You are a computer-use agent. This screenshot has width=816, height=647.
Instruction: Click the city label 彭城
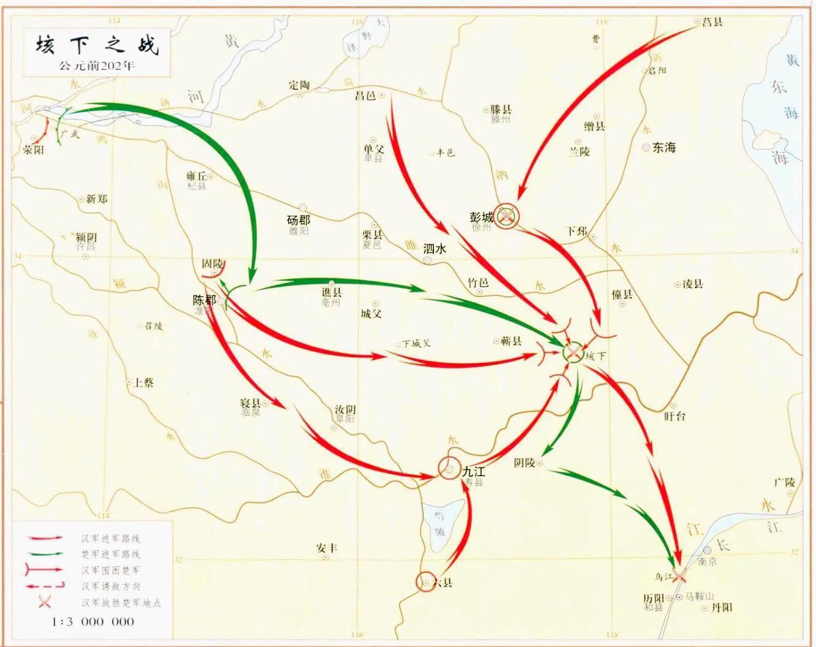click(481, 217)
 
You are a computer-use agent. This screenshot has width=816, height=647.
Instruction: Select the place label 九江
click(474, 472)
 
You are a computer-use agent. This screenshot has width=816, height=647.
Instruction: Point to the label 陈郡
click(204, 300)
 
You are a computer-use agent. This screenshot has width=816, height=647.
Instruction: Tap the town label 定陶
click(300, 85)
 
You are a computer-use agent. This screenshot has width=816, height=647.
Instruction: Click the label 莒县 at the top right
click(712, 22)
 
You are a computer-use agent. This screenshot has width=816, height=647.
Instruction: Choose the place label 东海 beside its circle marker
click(664, 148)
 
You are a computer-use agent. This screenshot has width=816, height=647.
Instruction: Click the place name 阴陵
click(525, 463)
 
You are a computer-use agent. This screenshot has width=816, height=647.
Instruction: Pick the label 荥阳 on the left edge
click(33, 149)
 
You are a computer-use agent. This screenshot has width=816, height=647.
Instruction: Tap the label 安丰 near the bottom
click(327, 548)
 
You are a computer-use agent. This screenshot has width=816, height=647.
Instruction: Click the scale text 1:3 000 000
click(93, 621)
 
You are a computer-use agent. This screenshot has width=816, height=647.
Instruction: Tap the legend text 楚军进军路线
click(110, 554)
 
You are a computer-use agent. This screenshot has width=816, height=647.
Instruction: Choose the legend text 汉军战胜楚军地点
click(121, 603)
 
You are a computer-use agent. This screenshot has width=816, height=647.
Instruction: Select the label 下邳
click(576, 231)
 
